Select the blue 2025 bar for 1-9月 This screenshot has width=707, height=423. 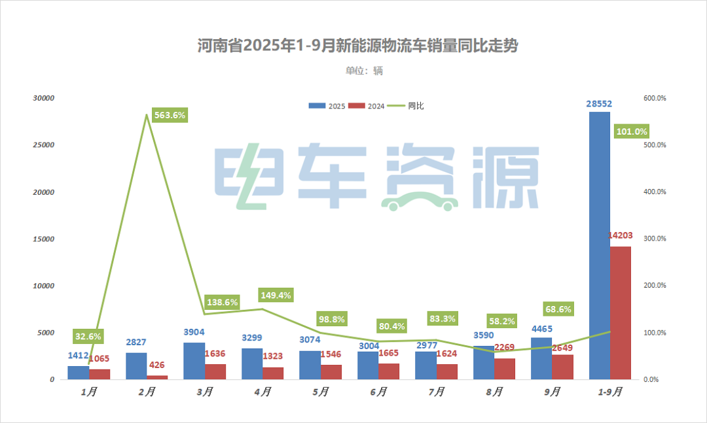click(600, 245)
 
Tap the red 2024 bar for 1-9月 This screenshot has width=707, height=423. click(621, 313)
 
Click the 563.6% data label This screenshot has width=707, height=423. click(170, 115)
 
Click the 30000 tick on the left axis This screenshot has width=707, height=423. click(44, 98)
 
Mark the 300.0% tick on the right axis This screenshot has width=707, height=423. click(655, 239)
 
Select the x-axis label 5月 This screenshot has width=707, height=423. click(321, 392)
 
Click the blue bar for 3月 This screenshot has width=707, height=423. click(194, 361)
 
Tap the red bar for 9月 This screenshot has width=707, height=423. click(562, 367)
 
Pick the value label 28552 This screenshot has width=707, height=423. click(600, 104)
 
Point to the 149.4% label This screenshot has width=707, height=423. click(276, 295)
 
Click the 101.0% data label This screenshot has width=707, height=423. click(632, 131)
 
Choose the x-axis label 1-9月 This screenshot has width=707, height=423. click(610, 392)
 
